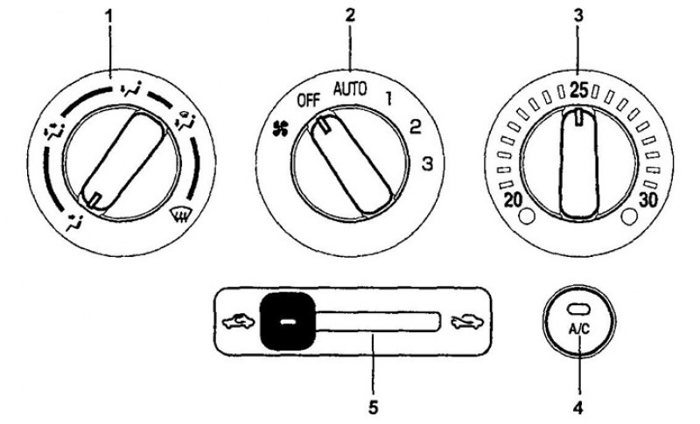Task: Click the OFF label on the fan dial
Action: point(309,101)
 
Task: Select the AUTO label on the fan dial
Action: point(351,90)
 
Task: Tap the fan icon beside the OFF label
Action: point(281,129)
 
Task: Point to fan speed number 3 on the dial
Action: point(428,164)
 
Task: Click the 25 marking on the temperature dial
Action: point(579,92)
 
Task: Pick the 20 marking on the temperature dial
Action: point(513,200)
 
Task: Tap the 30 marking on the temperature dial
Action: point(648,200)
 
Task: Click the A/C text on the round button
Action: point(579,329)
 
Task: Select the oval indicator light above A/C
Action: point(579,309)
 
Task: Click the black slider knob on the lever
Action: point(288,322)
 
